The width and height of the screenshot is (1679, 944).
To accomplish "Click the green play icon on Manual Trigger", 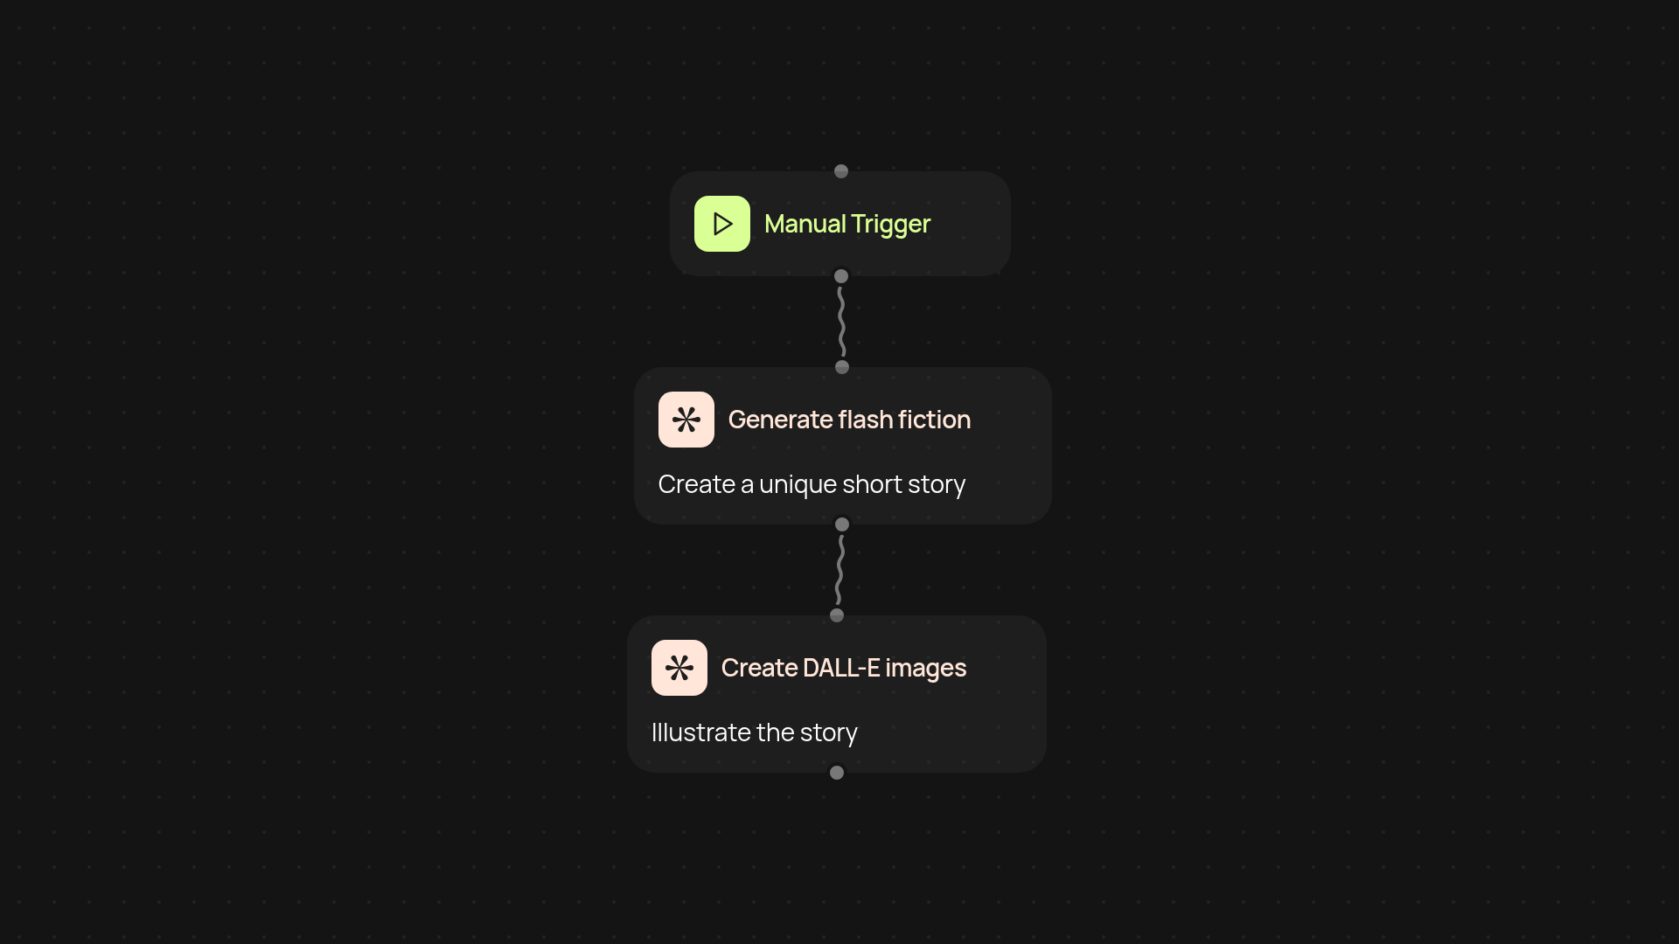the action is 721,224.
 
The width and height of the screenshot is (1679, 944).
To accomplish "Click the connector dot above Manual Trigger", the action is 841,171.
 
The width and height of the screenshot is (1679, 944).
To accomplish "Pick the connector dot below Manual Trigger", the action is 841,276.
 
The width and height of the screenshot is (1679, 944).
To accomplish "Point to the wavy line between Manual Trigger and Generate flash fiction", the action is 841,322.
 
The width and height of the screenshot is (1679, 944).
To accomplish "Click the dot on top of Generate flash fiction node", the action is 842,367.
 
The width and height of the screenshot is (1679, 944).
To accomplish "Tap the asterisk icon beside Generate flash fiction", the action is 686,420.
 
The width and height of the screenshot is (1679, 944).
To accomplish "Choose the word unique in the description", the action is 798,485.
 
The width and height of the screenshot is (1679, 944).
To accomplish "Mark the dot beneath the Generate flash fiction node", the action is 842,524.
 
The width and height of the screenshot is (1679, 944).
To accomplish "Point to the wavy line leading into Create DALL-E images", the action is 839,570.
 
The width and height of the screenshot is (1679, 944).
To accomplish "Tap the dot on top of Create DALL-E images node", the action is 837,615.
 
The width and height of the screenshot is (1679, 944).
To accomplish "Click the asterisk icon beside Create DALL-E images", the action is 679,668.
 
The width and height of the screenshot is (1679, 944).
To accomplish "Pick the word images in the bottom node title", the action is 925,669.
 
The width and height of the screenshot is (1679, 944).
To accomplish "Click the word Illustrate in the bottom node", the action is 700,732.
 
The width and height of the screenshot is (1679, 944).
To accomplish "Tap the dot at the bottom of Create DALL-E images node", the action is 837,773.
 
